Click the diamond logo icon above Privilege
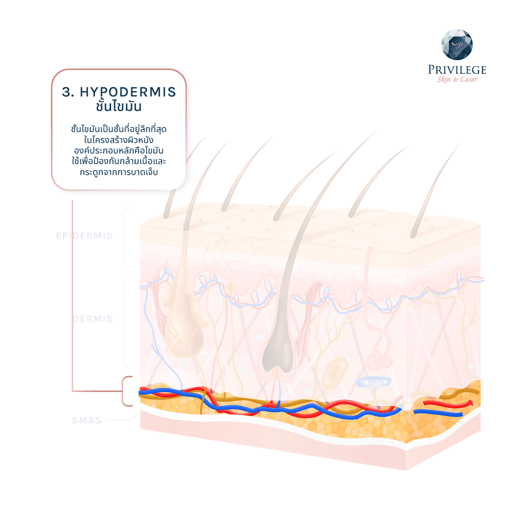point(456,45)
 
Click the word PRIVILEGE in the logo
point(457,70)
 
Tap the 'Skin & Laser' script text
point(457,80)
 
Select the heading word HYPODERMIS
point(128,92)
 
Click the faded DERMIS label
point(93,319)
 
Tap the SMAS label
point(86,420)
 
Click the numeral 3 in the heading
point(65,92)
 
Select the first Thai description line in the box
point(119,129)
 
